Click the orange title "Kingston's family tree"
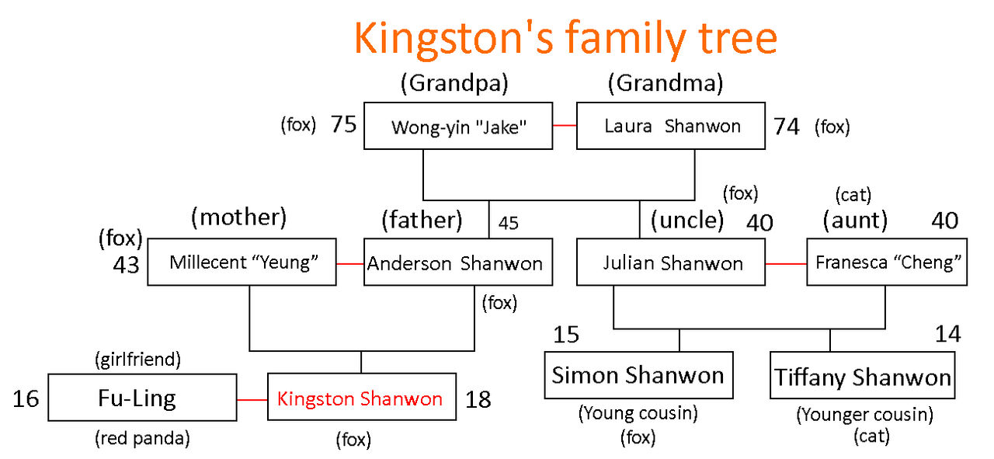566,39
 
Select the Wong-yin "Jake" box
458,126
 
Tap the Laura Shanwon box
671,126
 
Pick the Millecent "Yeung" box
242,262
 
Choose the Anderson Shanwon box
458,262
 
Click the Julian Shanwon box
671,262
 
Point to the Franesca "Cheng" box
887,262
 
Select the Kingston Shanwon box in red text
362,397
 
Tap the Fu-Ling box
142,398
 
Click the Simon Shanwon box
638,376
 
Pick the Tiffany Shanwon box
863,376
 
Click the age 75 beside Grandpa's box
343,124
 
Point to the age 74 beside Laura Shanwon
787,127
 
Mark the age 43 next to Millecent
126,265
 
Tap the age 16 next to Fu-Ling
26,398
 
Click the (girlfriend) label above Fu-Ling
138,359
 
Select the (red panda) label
142,438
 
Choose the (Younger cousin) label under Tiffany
865,415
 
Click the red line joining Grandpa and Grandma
565,126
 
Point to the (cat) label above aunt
853,195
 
